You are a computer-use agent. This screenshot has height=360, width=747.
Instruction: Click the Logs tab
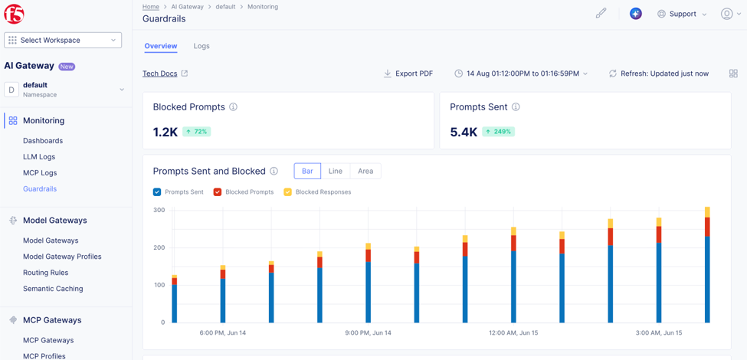(x=201, y=46)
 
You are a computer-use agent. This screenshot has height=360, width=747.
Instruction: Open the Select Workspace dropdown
(x=63, y=41)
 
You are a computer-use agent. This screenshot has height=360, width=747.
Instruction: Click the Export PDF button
(x=408, y=74)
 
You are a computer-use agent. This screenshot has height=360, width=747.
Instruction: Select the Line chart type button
(x=336, y=171)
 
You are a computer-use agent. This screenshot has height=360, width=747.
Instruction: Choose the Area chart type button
(x=365, y=171)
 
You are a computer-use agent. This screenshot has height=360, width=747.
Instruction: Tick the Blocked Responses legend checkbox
(x=288, y=192)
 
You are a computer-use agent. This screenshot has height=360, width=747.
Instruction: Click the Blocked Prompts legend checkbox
(x=218, y=192)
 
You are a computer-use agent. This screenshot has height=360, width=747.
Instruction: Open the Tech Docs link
(x=160, y=74)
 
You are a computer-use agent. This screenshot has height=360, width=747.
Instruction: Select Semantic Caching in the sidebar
(x=53, y=289)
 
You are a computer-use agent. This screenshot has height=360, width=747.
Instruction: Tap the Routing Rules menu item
(x=46, y=273)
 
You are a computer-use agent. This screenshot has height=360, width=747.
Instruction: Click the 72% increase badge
(x=196, y=132)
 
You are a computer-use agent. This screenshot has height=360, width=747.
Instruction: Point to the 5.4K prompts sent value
(x=464, y=132)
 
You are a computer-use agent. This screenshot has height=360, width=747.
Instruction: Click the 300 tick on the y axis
(x=159, y=210)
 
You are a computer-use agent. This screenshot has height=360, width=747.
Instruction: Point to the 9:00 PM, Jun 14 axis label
(x=369, y=333)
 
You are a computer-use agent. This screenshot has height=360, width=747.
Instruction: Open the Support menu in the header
(x=682, y=14)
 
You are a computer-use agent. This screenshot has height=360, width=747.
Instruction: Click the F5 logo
(x=15, y=15)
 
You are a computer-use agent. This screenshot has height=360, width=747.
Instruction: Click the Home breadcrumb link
(x=151, y=7)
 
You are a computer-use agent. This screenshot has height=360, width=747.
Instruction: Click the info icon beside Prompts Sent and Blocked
(x=274, y=171)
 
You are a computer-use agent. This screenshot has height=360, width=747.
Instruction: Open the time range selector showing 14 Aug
(x=521, y=74)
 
